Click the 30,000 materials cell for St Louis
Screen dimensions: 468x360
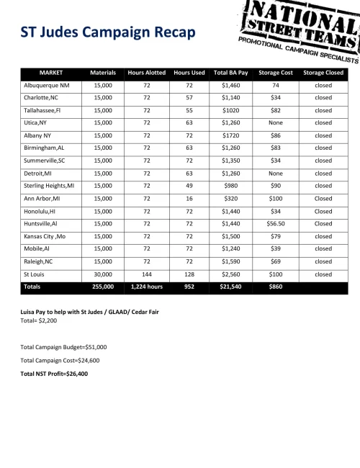pos(103,274)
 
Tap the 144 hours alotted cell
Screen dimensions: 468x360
pos(146,274)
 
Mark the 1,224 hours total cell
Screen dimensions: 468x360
pos(146,287)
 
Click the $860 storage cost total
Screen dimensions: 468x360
pos(276,287)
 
